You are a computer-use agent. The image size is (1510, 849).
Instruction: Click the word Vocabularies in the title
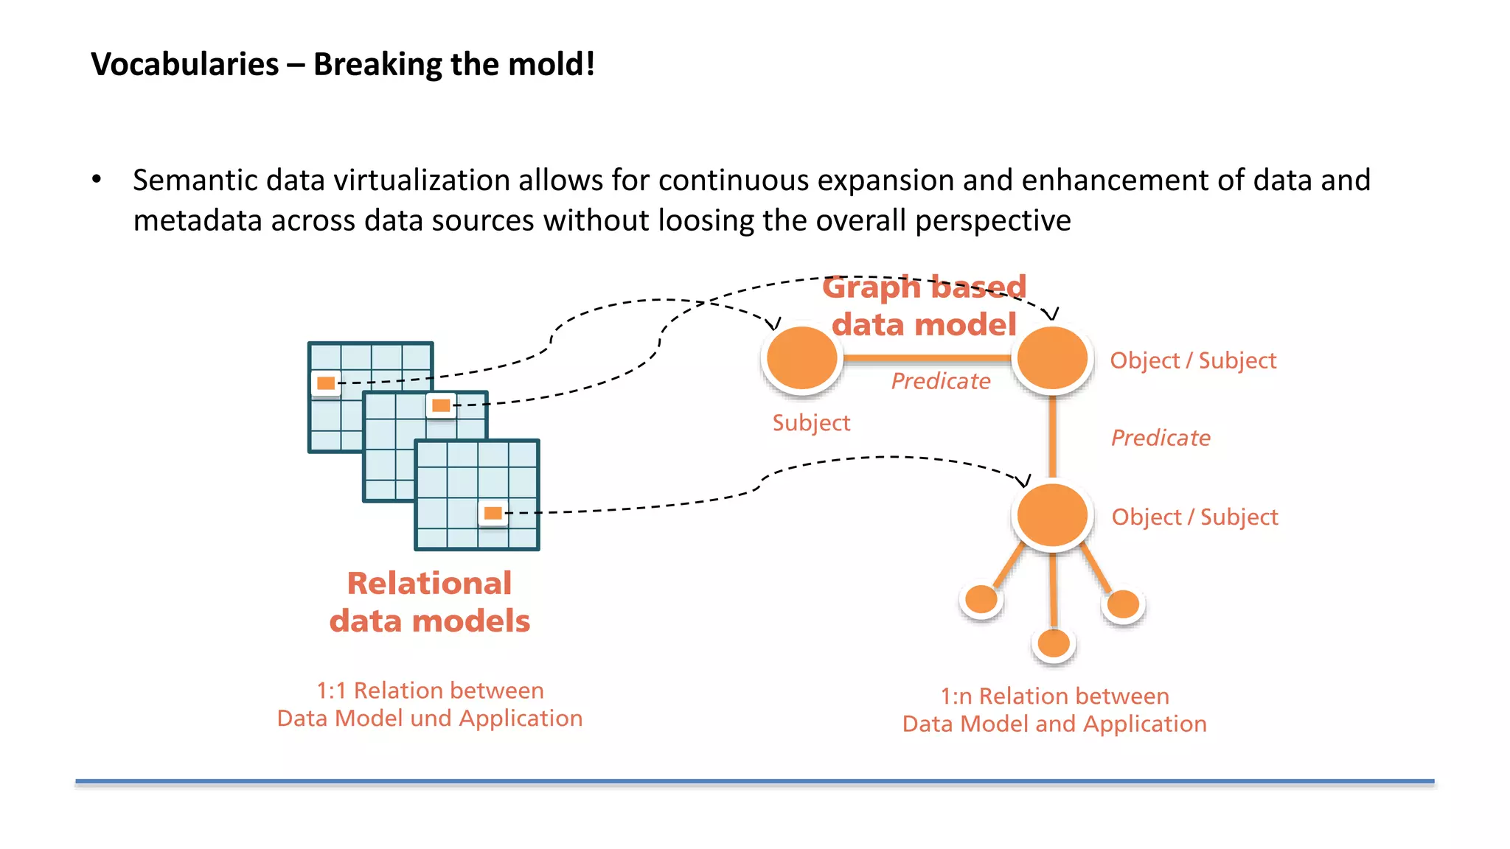(x=185, y=65)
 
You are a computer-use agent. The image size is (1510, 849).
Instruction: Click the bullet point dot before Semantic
(x=97, y=179)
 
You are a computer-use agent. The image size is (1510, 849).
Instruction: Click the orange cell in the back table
(x=326, y=383)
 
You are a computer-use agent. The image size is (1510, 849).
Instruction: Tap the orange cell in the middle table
(x=441, y=405)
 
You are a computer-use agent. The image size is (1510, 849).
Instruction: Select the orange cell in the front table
(x=493, y=513)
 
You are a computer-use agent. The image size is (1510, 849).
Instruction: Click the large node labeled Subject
(x=801, y=358)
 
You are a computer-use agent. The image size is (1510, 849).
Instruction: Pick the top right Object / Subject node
(x=1052, y=358)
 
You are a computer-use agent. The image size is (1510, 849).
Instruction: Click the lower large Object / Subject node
(x=1052, y=515)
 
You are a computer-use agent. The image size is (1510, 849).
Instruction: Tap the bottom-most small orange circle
(x=1054, y=643)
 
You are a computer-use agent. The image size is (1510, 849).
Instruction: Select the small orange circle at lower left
(x=981, y=599)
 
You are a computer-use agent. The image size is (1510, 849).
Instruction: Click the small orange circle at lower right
(x=1124, y=604)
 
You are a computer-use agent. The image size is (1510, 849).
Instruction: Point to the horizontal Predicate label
(x=941, y=381)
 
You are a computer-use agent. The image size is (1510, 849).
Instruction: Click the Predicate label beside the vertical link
(x=1161, y=438)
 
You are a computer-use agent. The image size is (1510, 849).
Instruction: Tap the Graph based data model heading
(x=924, y=306)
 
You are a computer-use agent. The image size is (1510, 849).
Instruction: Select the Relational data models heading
(x=430, y=602)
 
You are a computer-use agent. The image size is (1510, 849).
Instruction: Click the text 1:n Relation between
(x=1054, y=696)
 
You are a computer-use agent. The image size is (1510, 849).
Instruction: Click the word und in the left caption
(x=431, y=719)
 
